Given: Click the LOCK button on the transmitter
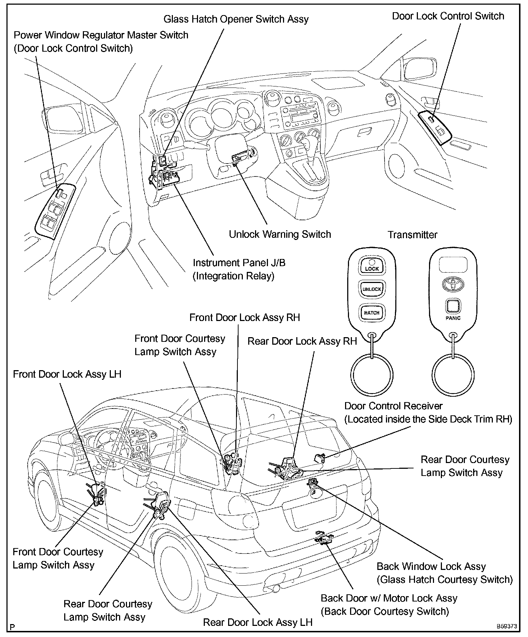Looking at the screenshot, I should coord(372,267).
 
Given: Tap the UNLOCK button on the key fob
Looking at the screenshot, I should coord(372,289).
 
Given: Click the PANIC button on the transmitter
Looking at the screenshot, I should coord(453,307).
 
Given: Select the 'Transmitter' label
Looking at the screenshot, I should coord(412,235).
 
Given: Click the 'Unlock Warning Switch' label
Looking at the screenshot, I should coord(280,234).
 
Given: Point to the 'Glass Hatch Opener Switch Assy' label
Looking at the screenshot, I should coord(236,19).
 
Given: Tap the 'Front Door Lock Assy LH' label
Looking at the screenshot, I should coord(67,374).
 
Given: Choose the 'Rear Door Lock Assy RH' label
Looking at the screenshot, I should coord(302,341).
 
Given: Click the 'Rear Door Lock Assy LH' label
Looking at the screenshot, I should coord(258,622).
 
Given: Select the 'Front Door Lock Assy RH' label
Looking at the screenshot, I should coord(244,317).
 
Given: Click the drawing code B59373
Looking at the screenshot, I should coord(506,626).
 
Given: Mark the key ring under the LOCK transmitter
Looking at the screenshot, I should coord(372,374).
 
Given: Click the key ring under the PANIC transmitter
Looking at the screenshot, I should coord(453,374).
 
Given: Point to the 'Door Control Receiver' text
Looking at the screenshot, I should coord(393,406).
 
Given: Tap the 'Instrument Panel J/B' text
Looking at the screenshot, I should coord(239,263).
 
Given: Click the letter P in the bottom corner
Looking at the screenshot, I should coord(13,627).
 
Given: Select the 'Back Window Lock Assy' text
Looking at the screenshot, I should coord(431,566).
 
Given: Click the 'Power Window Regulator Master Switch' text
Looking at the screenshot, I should coord(101,35).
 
